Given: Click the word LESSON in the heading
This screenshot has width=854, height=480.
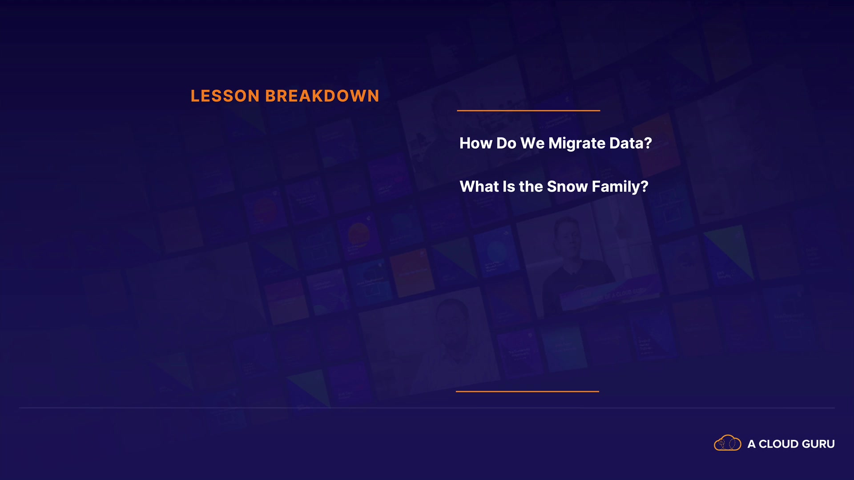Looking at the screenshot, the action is (225, 96).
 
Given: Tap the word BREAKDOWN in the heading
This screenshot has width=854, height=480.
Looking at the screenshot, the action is (322, 96).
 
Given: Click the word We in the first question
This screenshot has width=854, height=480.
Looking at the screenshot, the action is (532, 143).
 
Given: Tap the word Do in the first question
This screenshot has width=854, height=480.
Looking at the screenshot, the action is (506, 143).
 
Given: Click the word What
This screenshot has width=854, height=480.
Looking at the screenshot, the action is (479, 186).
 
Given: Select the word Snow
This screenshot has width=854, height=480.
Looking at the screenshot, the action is (567, 186).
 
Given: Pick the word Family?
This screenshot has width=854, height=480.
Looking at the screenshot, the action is (620, 187).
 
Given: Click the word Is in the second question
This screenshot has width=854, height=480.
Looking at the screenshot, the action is (508, 186).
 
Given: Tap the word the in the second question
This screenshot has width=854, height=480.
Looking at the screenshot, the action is (531, 186).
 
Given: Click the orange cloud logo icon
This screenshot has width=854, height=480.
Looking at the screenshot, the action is (728, 443).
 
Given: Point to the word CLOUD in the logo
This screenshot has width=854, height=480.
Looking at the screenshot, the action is (778, 444).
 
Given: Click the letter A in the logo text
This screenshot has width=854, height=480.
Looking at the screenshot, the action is (751, 444).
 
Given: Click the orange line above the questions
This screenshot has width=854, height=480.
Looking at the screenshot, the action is (528, 110).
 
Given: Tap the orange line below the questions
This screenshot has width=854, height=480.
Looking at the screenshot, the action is (528, 392).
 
